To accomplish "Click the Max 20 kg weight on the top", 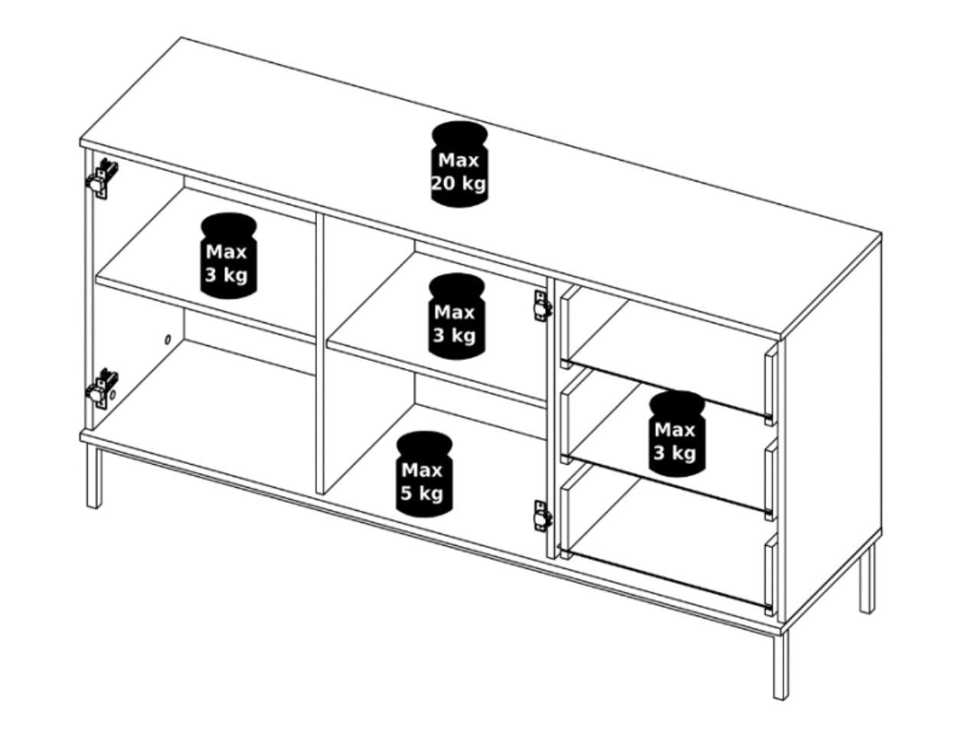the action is point(459,164).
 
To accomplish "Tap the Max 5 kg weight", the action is point(423,474).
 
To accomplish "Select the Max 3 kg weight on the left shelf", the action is point(228,255).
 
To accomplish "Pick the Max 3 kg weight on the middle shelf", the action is point(456,316).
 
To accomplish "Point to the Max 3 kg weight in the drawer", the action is point(677,434).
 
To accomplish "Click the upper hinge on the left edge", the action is point(102,178).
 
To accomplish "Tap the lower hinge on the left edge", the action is point(102,388).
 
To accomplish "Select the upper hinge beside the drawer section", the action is point(543,305).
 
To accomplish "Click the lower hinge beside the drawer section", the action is point(543,516).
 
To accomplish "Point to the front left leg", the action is point(93,476).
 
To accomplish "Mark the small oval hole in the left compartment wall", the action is point(168,340).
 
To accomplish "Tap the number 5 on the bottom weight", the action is point(407,493).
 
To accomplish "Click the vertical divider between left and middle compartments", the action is point(319,352).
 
